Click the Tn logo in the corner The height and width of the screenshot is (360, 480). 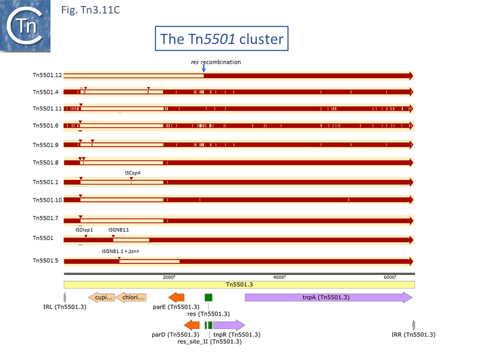point(25,25)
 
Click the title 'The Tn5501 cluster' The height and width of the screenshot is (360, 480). point(221,40)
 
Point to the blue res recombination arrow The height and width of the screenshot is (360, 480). point(203,69)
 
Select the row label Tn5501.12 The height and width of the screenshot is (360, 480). point(47,76)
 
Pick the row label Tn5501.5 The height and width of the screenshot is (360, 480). point(47,261)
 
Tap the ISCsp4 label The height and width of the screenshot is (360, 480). point(133,173)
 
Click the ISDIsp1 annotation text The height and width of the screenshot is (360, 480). point(84,230)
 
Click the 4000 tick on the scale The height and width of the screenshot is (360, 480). point(278,277)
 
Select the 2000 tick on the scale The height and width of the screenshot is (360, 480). point(169,277)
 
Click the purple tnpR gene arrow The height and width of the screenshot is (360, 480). point(229,325)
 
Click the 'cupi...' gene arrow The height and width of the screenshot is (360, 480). point(101,297)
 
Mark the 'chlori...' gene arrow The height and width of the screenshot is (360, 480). point(131,297)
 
